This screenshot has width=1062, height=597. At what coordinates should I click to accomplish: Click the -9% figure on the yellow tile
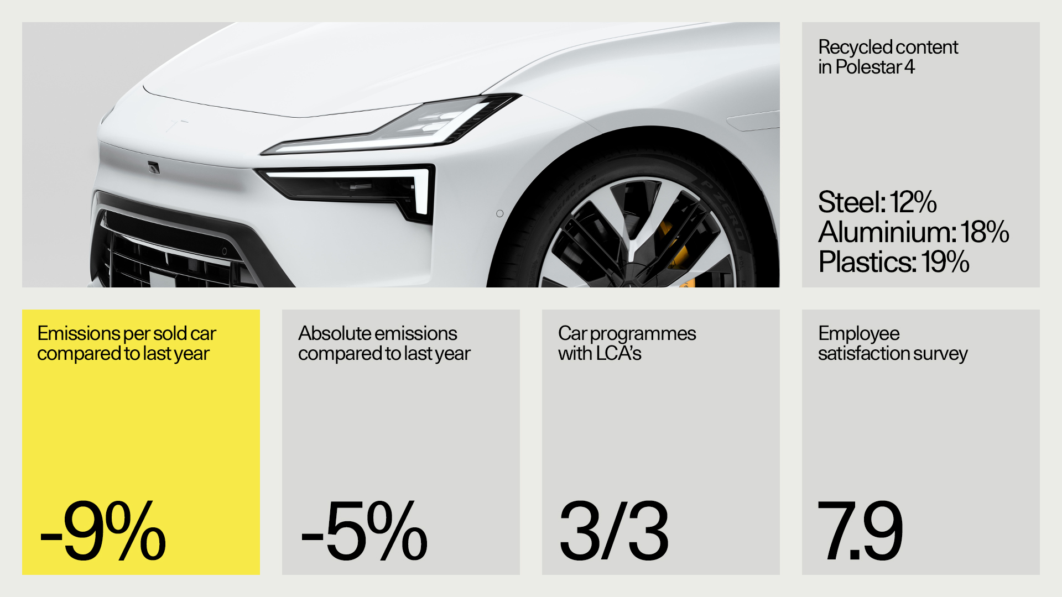(x=103, y=531)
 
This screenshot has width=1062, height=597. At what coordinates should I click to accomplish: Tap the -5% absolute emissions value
(x=364, y=531)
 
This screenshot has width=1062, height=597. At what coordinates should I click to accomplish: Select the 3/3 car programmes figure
(x=614, y=531)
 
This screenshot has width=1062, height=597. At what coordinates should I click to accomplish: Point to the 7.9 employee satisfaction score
(x=860, y=531)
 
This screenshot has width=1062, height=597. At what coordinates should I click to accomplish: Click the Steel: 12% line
(x=877, y=202)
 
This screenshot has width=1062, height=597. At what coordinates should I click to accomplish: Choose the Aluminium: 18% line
(x=914, y=232)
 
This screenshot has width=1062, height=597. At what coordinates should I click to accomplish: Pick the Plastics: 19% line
(x=894, y=262)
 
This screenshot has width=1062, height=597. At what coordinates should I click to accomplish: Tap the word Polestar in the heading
(x=868, y=67)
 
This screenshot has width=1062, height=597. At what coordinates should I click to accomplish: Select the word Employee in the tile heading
(x=859, y=334)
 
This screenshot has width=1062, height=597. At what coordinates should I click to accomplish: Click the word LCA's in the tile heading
(x=619, y=354)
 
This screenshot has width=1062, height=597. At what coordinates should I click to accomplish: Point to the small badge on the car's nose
(x=154, y=167)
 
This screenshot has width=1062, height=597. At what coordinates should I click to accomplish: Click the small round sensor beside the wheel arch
(x=499, y=213)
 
